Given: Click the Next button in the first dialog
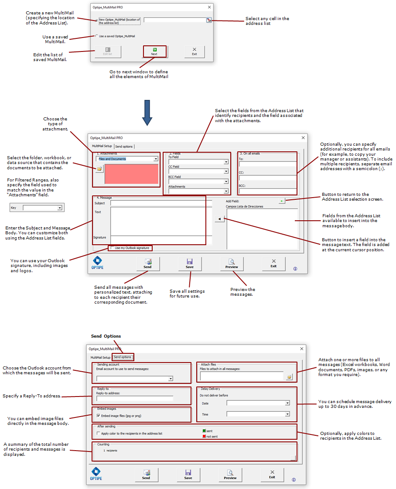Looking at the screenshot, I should [154, 51].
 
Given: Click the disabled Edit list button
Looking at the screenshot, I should [108, 51].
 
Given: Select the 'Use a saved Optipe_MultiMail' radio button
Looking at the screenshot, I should [97, 36].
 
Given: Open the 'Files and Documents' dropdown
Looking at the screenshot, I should [156, 159].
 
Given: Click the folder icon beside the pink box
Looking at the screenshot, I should [99, 168].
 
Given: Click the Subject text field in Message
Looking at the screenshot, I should [157, 203].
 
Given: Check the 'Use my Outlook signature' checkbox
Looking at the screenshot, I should [111, 248].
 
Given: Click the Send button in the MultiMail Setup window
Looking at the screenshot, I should [147, 264].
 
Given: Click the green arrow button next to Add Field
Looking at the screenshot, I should [282, 201].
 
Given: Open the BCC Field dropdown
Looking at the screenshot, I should [226, 181].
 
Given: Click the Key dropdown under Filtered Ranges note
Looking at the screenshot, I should [60, 208].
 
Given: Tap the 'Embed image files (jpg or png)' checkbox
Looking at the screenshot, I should [99, 416].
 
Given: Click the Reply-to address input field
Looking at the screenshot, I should [134, 398].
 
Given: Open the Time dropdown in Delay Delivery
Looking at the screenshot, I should [287, 414].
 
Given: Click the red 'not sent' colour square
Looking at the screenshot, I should [204, 436].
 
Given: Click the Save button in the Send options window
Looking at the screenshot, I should [188, 475].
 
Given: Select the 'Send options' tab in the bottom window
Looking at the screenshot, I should [123, 357].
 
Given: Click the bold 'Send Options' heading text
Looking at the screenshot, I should [106, 336].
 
